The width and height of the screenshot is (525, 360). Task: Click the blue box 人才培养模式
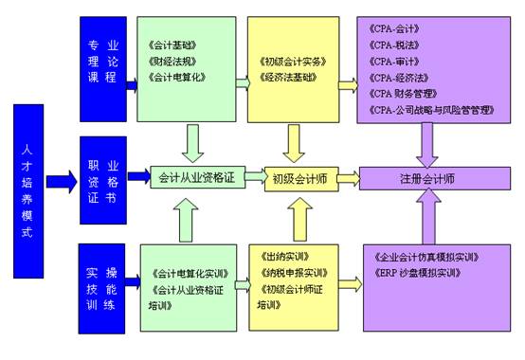pos(27,179)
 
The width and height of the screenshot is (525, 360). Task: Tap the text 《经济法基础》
pos(288,77)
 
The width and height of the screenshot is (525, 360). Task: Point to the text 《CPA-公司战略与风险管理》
pos(429,110)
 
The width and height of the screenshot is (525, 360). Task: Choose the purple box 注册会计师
pos(426,176)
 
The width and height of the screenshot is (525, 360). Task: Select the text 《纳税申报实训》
pos(292,274)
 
